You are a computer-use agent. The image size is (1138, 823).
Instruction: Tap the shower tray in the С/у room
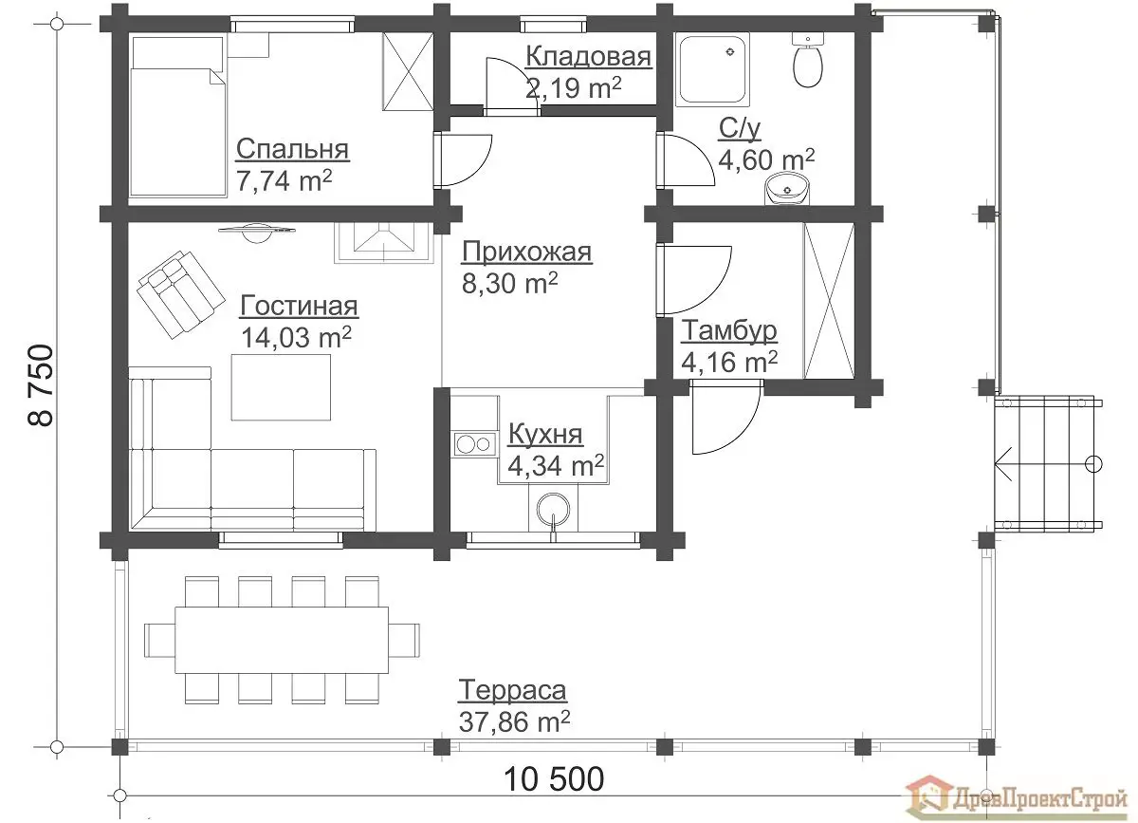(713, 69)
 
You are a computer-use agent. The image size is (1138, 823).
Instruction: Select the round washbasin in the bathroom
(787, 189)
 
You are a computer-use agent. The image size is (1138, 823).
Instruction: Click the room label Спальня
(292, 150)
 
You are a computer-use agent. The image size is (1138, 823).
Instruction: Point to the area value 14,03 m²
(296, 337)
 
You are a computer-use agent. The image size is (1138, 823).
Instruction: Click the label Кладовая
(588, 56)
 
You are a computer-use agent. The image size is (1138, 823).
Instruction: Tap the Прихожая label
(527, 252)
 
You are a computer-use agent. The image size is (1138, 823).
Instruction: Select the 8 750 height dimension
(41, 385)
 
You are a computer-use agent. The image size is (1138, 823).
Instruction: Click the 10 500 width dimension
(554, 778)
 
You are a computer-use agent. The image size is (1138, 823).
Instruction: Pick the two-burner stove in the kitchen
(474, 444)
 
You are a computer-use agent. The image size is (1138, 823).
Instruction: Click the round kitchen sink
(553, 510)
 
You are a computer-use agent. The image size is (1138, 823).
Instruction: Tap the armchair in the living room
(180, 294)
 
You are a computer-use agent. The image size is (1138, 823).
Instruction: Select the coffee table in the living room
(281, 387)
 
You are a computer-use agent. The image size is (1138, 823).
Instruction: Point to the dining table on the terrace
(282, 640)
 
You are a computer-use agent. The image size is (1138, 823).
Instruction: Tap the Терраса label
(512, 690)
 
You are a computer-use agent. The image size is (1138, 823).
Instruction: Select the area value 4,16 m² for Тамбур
(729, 362)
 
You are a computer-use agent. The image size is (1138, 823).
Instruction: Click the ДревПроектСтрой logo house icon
(928, 799)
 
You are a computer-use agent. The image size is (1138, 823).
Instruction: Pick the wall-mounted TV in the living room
(257, 231)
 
